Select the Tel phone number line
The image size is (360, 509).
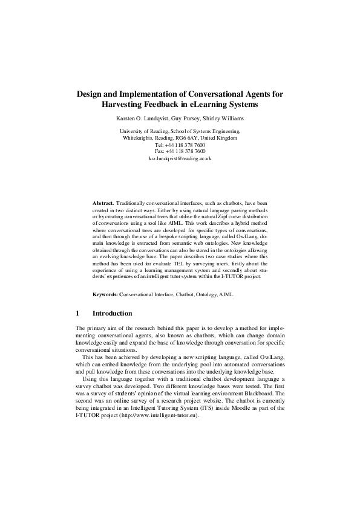coord(180,144)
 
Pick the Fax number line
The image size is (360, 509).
coord(180,151)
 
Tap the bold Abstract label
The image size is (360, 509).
coord(103,203)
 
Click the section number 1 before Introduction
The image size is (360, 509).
coord(77,314)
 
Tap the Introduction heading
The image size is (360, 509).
coord(112,314)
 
